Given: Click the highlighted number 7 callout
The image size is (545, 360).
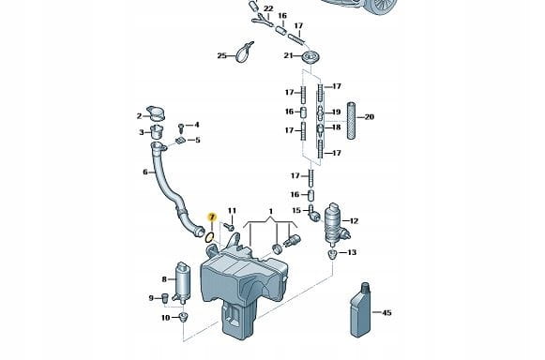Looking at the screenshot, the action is tap(212, 217).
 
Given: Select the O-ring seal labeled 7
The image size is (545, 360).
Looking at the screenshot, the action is tap(209, 238).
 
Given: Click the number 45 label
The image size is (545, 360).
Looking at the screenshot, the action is tap(386, 312).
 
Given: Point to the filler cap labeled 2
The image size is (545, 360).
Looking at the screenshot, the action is tap(156, 113).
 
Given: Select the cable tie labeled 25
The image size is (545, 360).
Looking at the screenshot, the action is tap(244, 52).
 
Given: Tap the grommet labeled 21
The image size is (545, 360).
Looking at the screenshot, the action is tap(310, 56).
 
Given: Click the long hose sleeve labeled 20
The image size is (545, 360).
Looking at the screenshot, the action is tap(352, 121).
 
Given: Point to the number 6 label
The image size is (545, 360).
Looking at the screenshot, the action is tap(145, 172).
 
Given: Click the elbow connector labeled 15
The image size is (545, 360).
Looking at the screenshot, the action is tap(314, 213).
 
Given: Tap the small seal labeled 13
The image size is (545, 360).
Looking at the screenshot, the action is tap(332, 254).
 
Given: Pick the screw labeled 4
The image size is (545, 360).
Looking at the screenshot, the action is tap(181, 127).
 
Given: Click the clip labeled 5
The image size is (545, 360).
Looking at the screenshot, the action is tap(180, 141).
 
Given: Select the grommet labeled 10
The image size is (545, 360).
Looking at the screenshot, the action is tap(183, 317).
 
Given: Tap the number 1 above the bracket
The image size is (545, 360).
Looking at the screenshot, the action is tap(271, 211).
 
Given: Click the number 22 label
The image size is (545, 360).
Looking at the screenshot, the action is tap(268, 8).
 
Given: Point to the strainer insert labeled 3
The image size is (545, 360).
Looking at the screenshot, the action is tap(157, 131).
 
